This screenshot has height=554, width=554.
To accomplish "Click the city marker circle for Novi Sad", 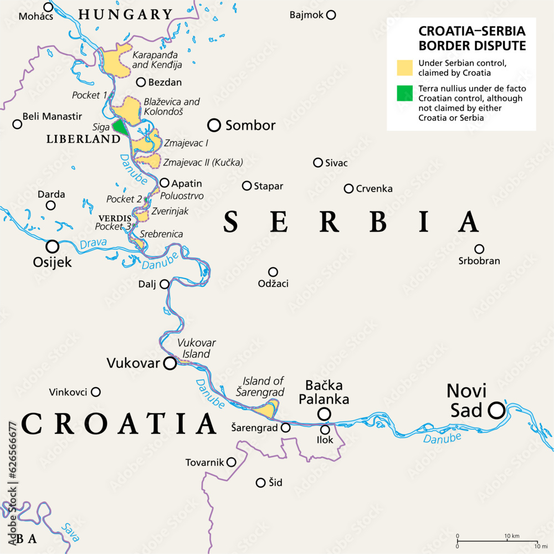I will [x=496, y=410].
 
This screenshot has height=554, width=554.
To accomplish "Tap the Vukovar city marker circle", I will [x=170, y=363].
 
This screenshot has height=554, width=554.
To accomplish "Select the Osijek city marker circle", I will [x=53, y=247].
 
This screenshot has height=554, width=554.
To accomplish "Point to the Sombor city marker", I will [x=214, y=125].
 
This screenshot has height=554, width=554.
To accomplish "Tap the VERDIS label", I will [x=115, y=218].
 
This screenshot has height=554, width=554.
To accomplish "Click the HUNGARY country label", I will [x=126, y=15].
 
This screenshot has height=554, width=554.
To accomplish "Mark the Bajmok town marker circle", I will [x=331, y=15].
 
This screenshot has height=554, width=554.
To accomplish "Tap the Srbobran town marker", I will [x=479, y=249].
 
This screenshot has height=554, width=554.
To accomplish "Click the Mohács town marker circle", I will [x=48, y=7].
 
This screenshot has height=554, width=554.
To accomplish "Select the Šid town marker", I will [x=260, y=483].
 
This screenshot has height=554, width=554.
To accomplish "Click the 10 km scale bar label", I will [x=511, y=536].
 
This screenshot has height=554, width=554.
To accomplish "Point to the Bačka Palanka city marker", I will [x=324, y=414].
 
